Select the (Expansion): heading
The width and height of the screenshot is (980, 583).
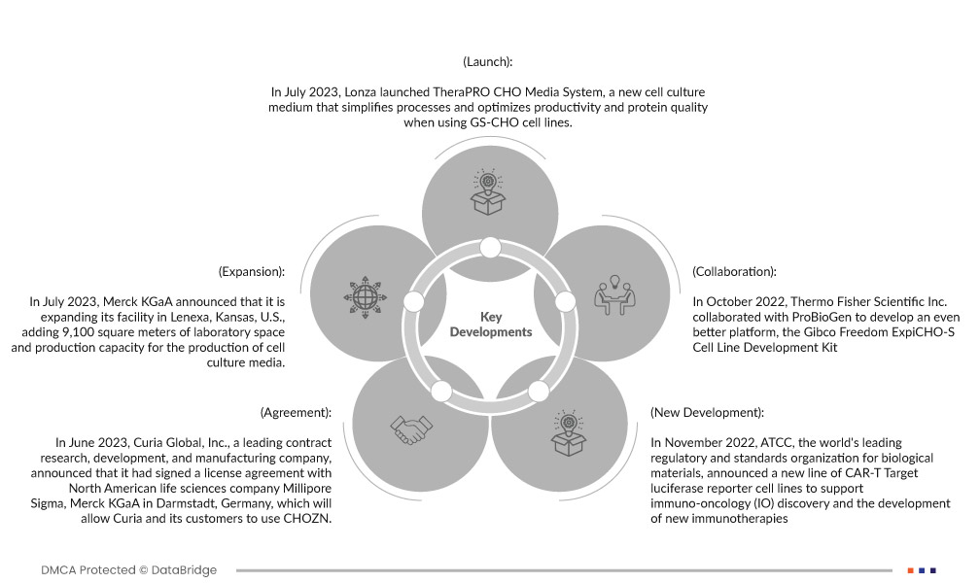(252, 272)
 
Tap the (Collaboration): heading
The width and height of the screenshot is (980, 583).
(734, 272)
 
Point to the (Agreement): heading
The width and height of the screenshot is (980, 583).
(296, 413)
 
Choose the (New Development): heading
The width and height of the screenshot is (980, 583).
(707, 413)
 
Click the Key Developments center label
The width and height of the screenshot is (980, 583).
(491, 325)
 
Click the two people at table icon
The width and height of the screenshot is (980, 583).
(613, 295)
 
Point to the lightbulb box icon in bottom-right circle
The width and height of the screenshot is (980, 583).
(568, 432)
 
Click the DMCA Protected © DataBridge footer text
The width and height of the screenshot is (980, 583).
(128, 569)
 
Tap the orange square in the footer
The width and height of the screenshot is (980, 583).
(910, 569)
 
